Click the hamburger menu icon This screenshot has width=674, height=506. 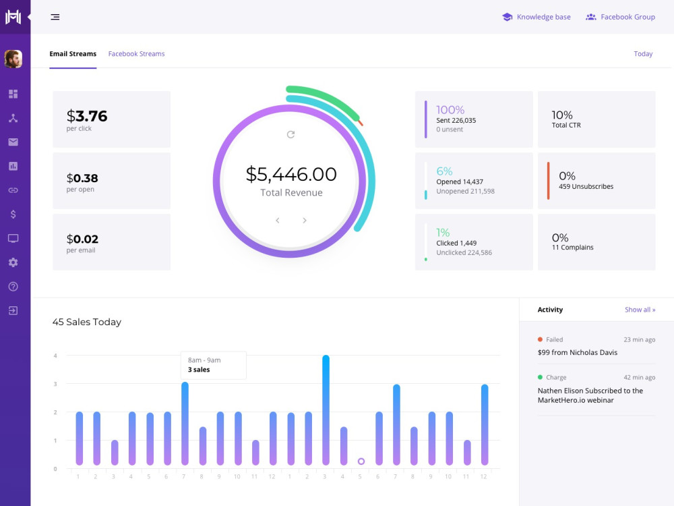click(55, 18)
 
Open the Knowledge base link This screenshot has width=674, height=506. click(537, 18)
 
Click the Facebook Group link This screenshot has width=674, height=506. click(620, 18)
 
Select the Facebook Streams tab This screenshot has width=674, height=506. click(136, 54)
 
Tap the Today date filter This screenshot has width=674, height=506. click(643, 54)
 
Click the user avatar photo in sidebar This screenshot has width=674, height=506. click(13, 59)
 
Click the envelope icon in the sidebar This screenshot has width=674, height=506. click(13, 142)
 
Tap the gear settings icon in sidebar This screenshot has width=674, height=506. click(13, 262)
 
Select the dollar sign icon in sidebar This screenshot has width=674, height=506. click(13, 215)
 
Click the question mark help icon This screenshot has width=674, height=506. click(13, 287)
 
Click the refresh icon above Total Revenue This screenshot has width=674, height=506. click(290, 135)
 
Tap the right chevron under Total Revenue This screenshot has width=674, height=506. click(305, 221)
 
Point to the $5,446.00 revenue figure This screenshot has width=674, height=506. click(291, 174)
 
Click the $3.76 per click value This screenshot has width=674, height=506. click(87, 116)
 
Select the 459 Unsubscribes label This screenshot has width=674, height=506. click(586, 186)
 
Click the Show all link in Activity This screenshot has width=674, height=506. click(640, 310)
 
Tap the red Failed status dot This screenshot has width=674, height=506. click(540, 339)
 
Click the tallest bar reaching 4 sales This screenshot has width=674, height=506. click(326, 410)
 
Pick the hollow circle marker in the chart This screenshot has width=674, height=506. click(361, 461)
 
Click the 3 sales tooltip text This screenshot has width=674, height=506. click(199, 370)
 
